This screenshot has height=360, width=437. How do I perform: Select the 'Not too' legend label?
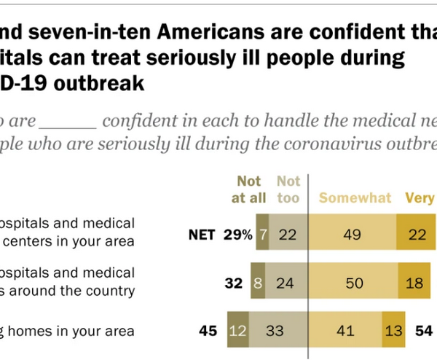click(288, 189)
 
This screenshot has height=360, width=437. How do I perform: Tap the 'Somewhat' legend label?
click(355, 198)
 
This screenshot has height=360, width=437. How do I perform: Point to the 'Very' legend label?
click(420, 198)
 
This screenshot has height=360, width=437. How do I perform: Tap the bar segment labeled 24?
click(289, 281)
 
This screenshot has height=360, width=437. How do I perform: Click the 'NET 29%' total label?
click(220, 235)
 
